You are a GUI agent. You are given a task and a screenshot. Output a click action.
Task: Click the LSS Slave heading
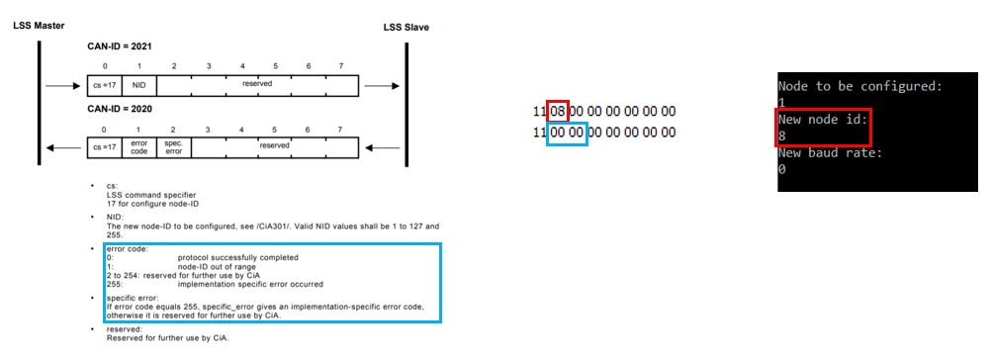pyautogui.click(x=406, y=26)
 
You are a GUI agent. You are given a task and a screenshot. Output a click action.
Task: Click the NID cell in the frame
pyautogui.click(x=139, y=85)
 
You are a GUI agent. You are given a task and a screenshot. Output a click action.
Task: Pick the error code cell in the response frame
pyautogui.click(x=139, y=146)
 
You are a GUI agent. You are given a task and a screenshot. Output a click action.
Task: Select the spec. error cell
pyautogui.click(x=173, y=146)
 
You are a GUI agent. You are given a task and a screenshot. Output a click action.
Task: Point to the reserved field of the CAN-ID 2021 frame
pyautogui.click(x=257, y=84)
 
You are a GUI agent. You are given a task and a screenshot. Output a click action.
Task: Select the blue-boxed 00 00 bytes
pyautogui.click(x=567, y=131)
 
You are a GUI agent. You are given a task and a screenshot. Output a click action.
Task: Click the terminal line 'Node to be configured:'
pyautogui.click(x=857, y=86)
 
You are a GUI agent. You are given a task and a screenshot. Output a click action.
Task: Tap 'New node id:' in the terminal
pyautogui.click(x=820, y=119)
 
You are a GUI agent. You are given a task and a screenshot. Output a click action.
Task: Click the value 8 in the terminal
pyautogui.click(x=782, y=135)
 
